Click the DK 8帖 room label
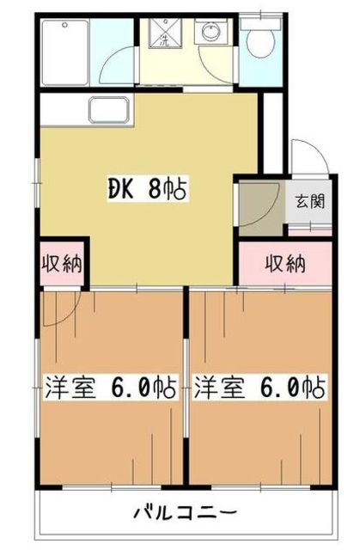pyautogui.click(x=148, y=189)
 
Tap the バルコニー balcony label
pyautogui.click(x=186, y=513)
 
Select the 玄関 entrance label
pyautogui.click(x=310, y=201)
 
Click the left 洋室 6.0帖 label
pyautogui.click(x=110, y=387)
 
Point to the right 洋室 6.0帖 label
pyautogui.click(x=259, y=387)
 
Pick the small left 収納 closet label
pyautogui.click(x=62, y=264)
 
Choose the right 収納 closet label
pyautogui.click(x=285, y=264)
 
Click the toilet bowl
pyautogui.click(x=260, y=40)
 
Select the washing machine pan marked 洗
pyautogui.click(x=165, y=33)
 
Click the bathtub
pyautogui.click(x=64, y=52)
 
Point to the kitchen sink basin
pyautogui.click(x=109, y=110)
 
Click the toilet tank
pyautogui.click(x=260, y=23)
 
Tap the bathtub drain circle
pyautogui.click(x=64, y=25)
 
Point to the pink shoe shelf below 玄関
pyautogui.click(x=310, y=231)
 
